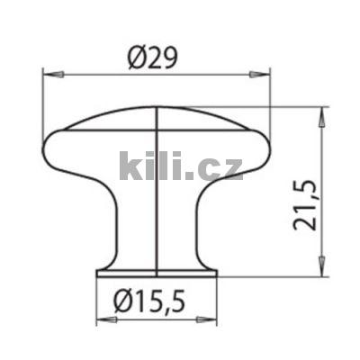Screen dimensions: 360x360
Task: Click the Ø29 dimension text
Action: (155, 58)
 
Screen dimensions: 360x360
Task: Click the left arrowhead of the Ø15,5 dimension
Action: (102, 318)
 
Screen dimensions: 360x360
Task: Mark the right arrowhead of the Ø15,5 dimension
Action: (212, 318)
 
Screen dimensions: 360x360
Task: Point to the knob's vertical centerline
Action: (157, 207)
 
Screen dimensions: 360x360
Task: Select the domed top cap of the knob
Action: (157, 117)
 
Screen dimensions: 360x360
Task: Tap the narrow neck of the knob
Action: (157, 225)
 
